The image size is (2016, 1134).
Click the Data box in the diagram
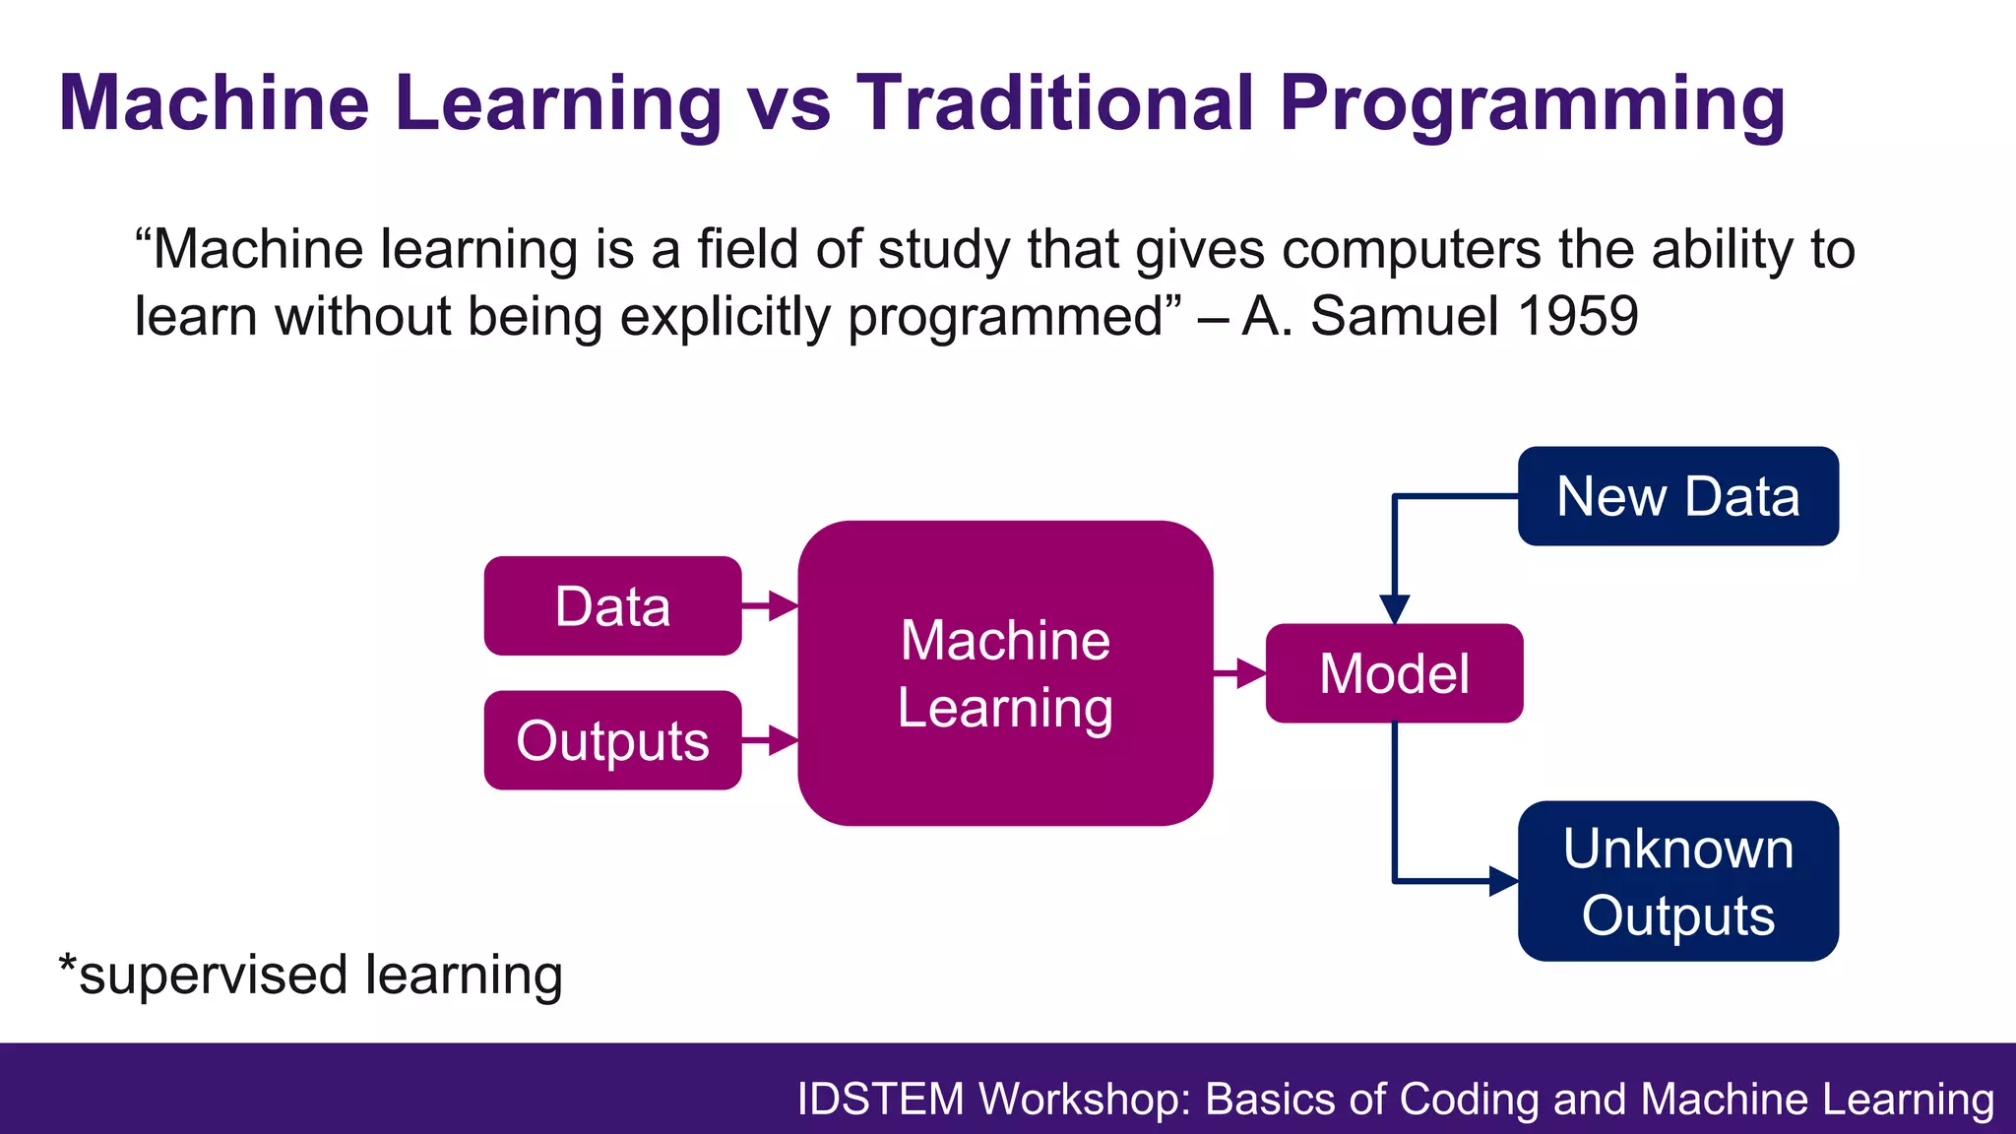coord(612,606)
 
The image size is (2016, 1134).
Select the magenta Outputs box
coord(612,740)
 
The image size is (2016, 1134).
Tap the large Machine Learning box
coord(1005,673)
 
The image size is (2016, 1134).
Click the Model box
coord(1394,673)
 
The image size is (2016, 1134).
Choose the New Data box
coord(1677,496)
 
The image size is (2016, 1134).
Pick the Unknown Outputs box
coord(1677,881)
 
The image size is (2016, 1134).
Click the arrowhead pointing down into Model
coord(1394,609)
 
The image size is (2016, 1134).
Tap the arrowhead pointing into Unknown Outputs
coord(1502,881)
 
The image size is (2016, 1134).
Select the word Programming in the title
coord(1532,104)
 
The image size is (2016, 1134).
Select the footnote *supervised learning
coord(311,975)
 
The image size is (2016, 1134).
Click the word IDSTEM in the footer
coord(880,1099)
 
